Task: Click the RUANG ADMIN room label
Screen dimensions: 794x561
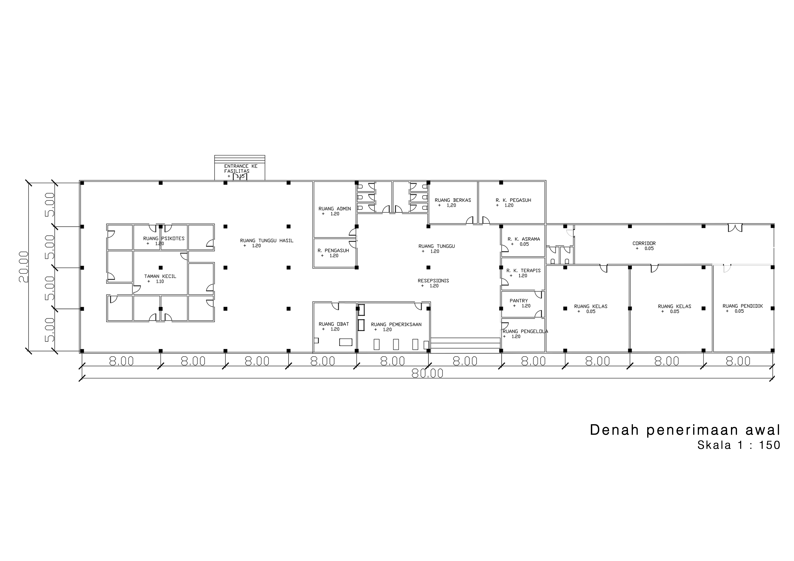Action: tap(334, 209)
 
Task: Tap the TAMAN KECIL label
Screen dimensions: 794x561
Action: tap(160, 276)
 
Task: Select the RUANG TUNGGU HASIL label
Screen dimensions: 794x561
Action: tap(267, 241)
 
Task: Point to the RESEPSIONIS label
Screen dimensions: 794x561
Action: tap(433, 281)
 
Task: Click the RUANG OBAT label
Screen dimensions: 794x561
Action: tap(334, 324)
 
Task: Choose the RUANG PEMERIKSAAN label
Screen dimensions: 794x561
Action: tap(396, 325)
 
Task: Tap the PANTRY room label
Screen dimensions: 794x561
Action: tap(519, 301)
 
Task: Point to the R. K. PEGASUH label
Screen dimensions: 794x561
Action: tap(513, 200)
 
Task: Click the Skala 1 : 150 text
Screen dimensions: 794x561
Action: tap(739, 445)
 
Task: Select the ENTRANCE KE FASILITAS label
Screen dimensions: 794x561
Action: tap(241, 169)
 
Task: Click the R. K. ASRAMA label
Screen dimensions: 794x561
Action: tap(524, 239)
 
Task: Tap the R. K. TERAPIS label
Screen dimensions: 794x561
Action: tap(524, 271)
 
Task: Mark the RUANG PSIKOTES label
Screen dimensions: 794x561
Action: tap(164, 238)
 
